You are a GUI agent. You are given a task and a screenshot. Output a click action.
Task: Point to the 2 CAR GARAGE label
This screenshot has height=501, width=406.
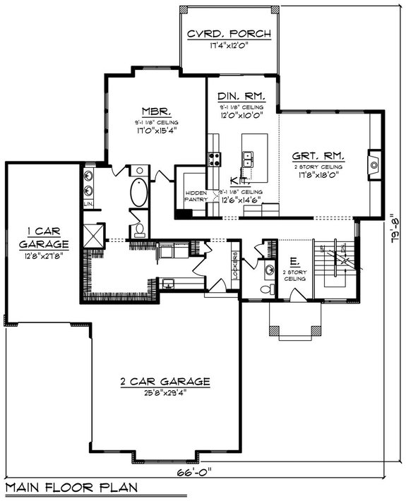165,382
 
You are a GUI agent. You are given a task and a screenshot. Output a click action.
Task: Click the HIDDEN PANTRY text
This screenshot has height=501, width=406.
196,196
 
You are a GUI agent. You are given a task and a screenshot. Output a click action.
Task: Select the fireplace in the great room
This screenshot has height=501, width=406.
374,165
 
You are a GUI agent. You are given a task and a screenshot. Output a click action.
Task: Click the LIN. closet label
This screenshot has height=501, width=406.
89,204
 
